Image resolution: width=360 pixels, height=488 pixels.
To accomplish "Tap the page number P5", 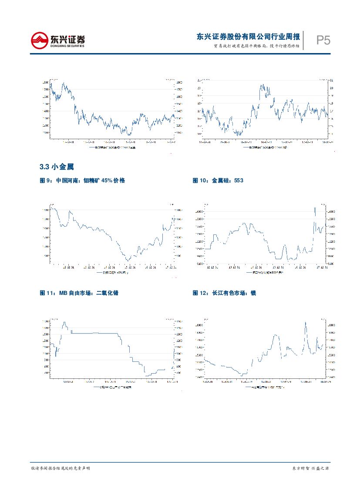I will point(323,41).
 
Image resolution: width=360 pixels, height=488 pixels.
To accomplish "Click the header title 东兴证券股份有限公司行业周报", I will point(248,37).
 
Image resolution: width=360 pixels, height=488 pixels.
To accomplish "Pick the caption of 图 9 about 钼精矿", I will point(82,180).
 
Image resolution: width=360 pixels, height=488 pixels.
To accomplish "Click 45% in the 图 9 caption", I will point(107,180).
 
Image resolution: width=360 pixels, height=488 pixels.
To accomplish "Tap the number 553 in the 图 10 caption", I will point(238,180).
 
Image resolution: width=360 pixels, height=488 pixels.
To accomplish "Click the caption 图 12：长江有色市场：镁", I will point(224,293).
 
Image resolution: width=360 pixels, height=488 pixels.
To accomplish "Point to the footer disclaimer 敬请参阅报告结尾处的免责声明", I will point(61,468).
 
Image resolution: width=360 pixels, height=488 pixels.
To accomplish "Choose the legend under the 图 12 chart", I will point(264,386).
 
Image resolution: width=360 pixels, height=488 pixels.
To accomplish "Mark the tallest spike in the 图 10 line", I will point(315,208).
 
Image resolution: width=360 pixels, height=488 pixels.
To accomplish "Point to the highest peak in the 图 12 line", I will point(306,322).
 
